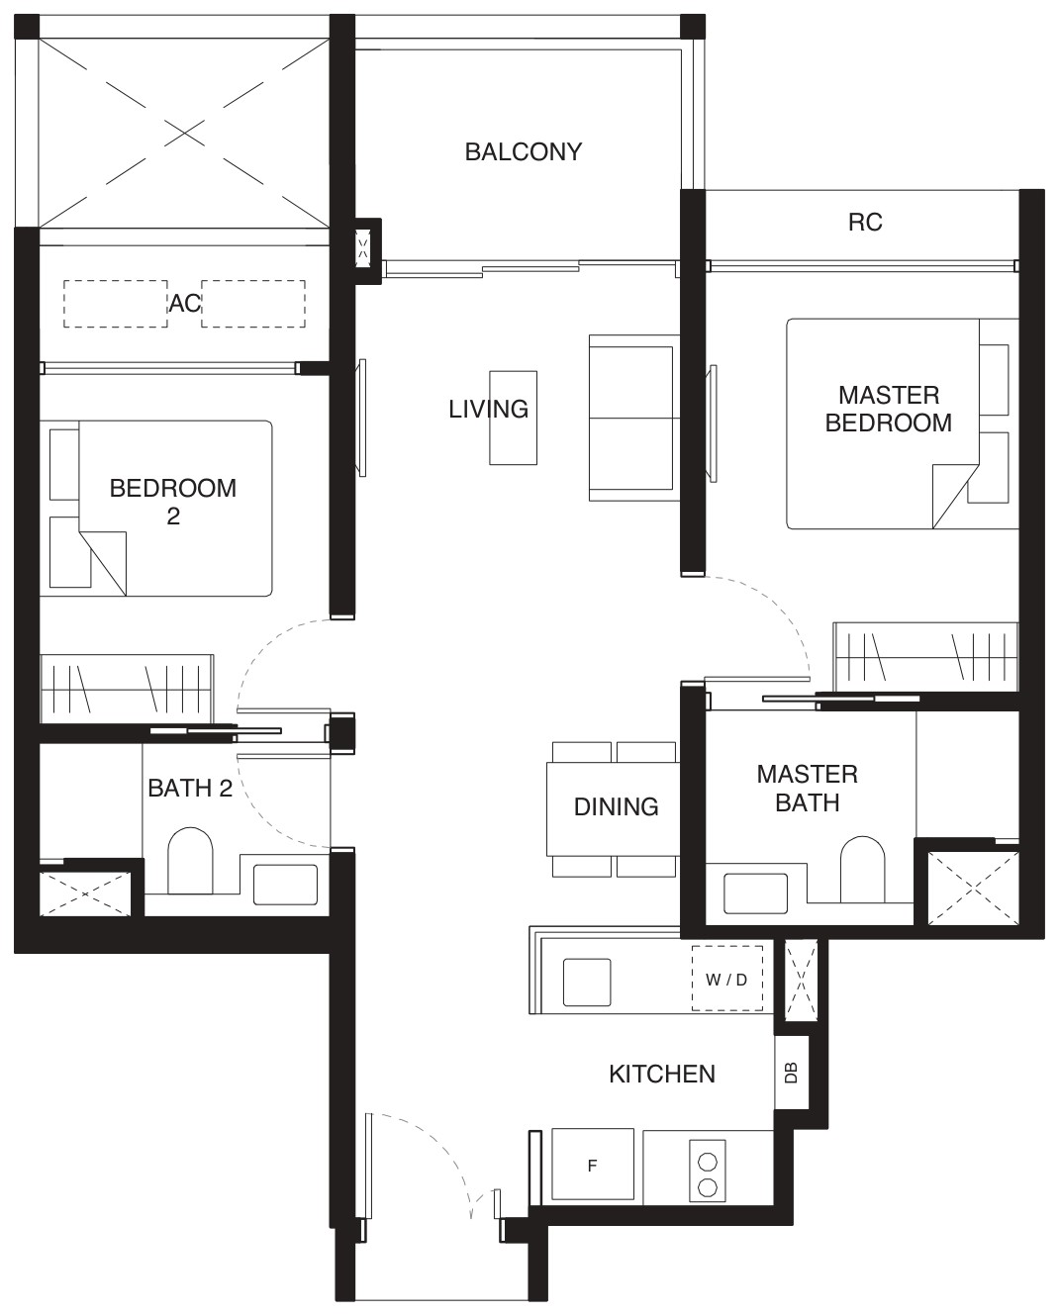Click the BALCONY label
point(524,152)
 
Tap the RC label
point(865,223)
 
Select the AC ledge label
point(185,304)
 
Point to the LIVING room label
point(488,409)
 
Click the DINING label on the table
point(616,807)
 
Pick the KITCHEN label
point(662,1075)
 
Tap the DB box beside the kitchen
point(792,1073)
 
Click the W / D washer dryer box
point(726,979)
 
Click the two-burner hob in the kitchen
point(708,1170)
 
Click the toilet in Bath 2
point(190,861)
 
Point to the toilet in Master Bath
point(862,869)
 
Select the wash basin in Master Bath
point(755,893)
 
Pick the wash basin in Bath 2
point(286,885)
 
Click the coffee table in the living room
point(514,418)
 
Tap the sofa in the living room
point(634,419)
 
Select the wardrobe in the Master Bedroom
point(925,657)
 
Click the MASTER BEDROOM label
point(889,409)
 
